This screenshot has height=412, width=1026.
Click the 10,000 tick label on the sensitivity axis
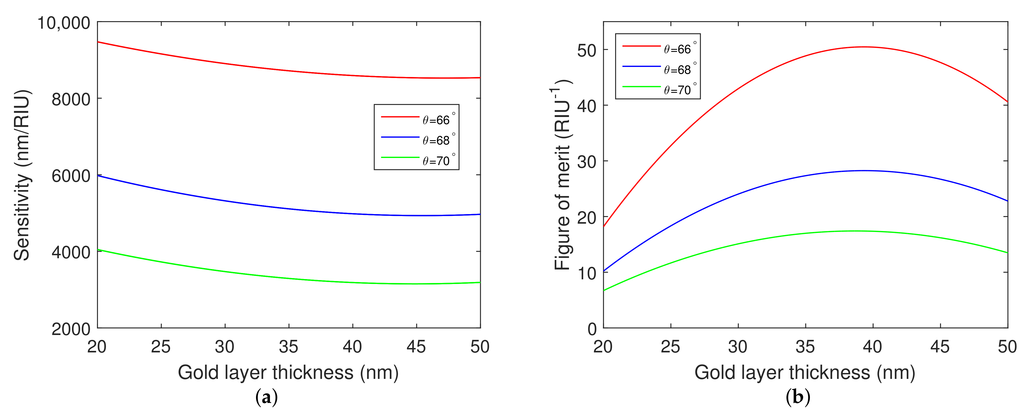[x=64, y=23]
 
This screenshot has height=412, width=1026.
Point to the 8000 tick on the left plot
[x=71, y=99]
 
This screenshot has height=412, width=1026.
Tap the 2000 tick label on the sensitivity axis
[x=71, y=329]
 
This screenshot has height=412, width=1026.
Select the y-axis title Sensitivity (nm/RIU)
[x=22, y=175]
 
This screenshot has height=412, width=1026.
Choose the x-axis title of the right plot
[x=805, y=373]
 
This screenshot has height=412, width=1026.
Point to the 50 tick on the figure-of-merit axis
[x=587, y=51]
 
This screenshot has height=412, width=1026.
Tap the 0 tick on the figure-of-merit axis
[x=592, y=329]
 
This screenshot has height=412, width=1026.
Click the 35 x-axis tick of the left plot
[x=288, y=347]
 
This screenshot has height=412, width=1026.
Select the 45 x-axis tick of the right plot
[x=940, y=347]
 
